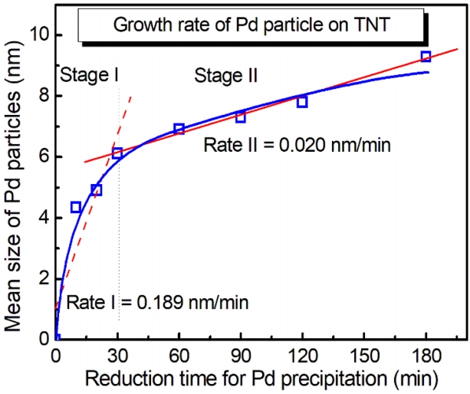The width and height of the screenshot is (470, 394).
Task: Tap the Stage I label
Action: pyautogui.click(x=88, y=75)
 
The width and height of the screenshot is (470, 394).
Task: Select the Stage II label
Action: pyautogui.click(x=226, y=75)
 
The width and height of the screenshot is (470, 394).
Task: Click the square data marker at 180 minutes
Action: pyautogui.click(x=426, y=57)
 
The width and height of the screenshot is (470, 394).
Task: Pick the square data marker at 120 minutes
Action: pyautogui.click(x=302, y=101)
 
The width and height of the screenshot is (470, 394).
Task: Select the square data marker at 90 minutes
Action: pyautogui.click(x=240, y=117)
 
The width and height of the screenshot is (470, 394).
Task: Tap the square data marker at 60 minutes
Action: pyautogui.click(x=179, y=129)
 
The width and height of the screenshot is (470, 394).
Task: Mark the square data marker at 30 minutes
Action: pyautogui.click(x=117, y=153)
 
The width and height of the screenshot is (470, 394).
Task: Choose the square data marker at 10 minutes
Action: pyautogui.click(x=76, y=207)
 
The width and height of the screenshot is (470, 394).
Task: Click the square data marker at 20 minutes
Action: pyautogui.click(x=97, y=189)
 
